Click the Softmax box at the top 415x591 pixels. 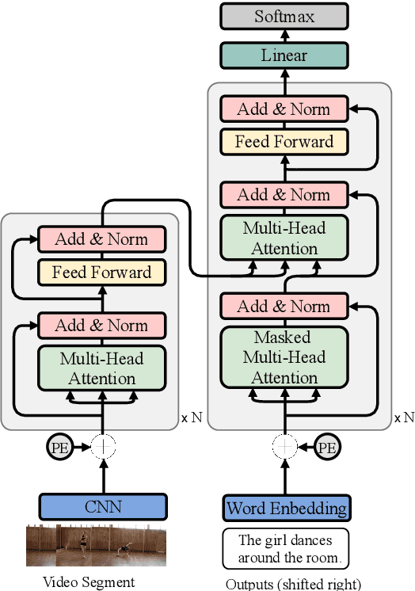284,16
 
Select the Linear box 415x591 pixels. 284,55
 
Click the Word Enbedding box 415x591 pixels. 286,507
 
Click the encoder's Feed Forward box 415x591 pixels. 101,273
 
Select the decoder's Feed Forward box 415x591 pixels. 284,142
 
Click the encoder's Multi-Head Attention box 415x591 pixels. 101,368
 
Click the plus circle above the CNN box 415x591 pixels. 103,447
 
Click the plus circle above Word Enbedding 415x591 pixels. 284,447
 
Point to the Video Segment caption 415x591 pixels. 88,582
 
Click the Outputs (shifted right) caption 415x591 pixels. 293,584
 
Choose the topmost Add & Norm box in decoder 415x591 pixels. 284,109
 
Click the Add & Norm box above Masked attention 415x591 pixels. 284,306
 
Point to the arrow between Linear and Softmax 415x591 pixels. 284,36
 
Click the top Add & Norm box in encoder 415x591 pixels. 101,239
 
